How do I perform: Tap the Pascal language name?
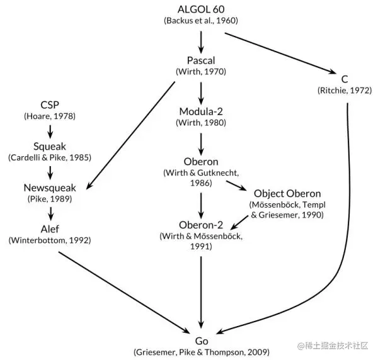(x=201, y=60)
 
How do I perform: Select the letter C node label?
(x=345, y=79)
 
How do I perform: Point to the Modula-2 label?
(x=201, y=111)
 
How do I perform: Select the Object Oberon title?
(x=287, y=193)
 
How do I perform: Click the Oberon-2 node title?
(x=201, y=225)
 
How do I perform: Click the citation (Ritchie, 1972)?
(x=345, y=91)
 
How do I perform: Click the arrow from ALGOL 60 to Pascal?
(x=201, y=40)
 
